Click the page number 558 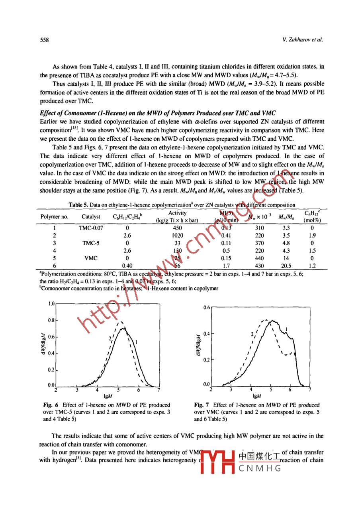tap(44, 40)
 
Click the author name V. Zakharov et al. tap(302, 40)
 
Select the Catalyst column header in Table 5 tap(91, 217)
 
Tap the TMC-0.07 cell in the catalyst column tap(91, 228)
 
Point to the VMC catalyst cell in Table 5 tap(91, 258)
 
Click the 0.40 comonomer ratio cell tap(127, 265)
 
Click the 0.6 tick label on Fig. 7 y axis tap(206, 308)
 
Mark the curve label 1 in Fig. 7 tap(287, 329)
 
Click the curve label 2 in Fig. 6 tap(110, 339)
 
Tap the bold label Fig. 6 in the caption tap(49, 405)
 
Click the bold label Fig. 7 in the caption tap(200, 405)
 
